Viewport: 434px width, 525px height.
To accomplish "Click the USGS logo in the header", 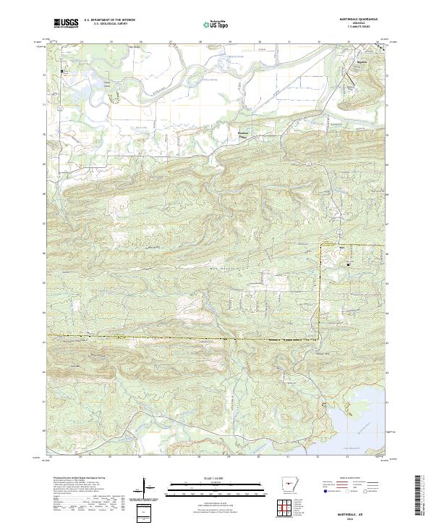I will [66, 24].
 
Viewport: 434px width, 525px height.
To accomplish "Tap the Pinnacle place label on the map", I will [243, 133].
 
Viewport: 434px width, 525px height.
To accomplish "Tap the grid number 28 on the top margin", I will [200, 42].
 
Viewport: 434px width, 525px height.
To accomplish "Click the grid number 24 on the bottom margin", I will [81, 457].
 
